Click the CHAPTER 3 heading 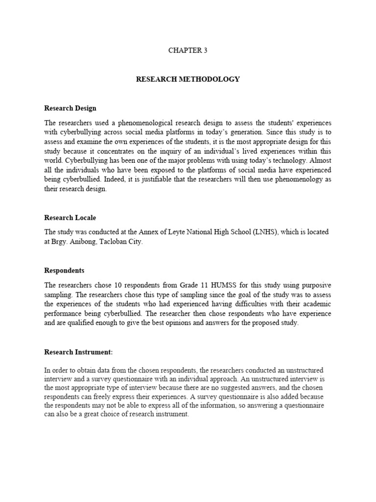188,50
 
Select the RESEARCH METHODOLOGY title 188,79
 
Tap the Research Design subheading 70,108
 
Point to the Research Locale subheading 71,218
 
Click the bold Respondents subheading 65,270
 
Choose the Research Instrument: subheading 79,352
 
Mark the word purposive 315,285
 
